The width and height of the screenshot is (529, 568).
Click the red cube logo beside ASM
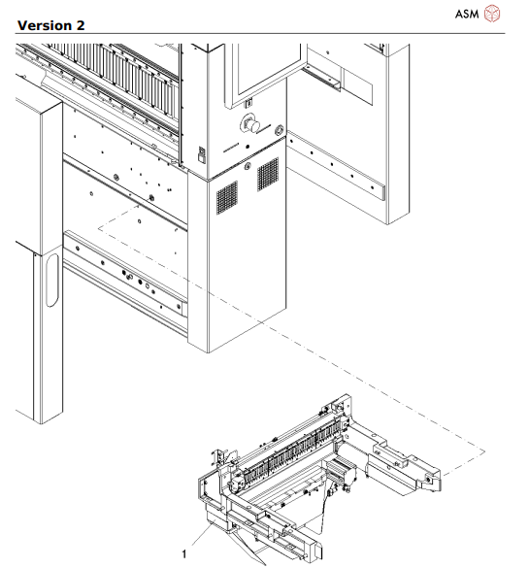pyautogui.click(x=495, y=14)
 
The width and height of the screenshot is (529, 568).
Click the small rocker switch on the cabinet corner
pyautogui.click(x=201, y=152)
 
